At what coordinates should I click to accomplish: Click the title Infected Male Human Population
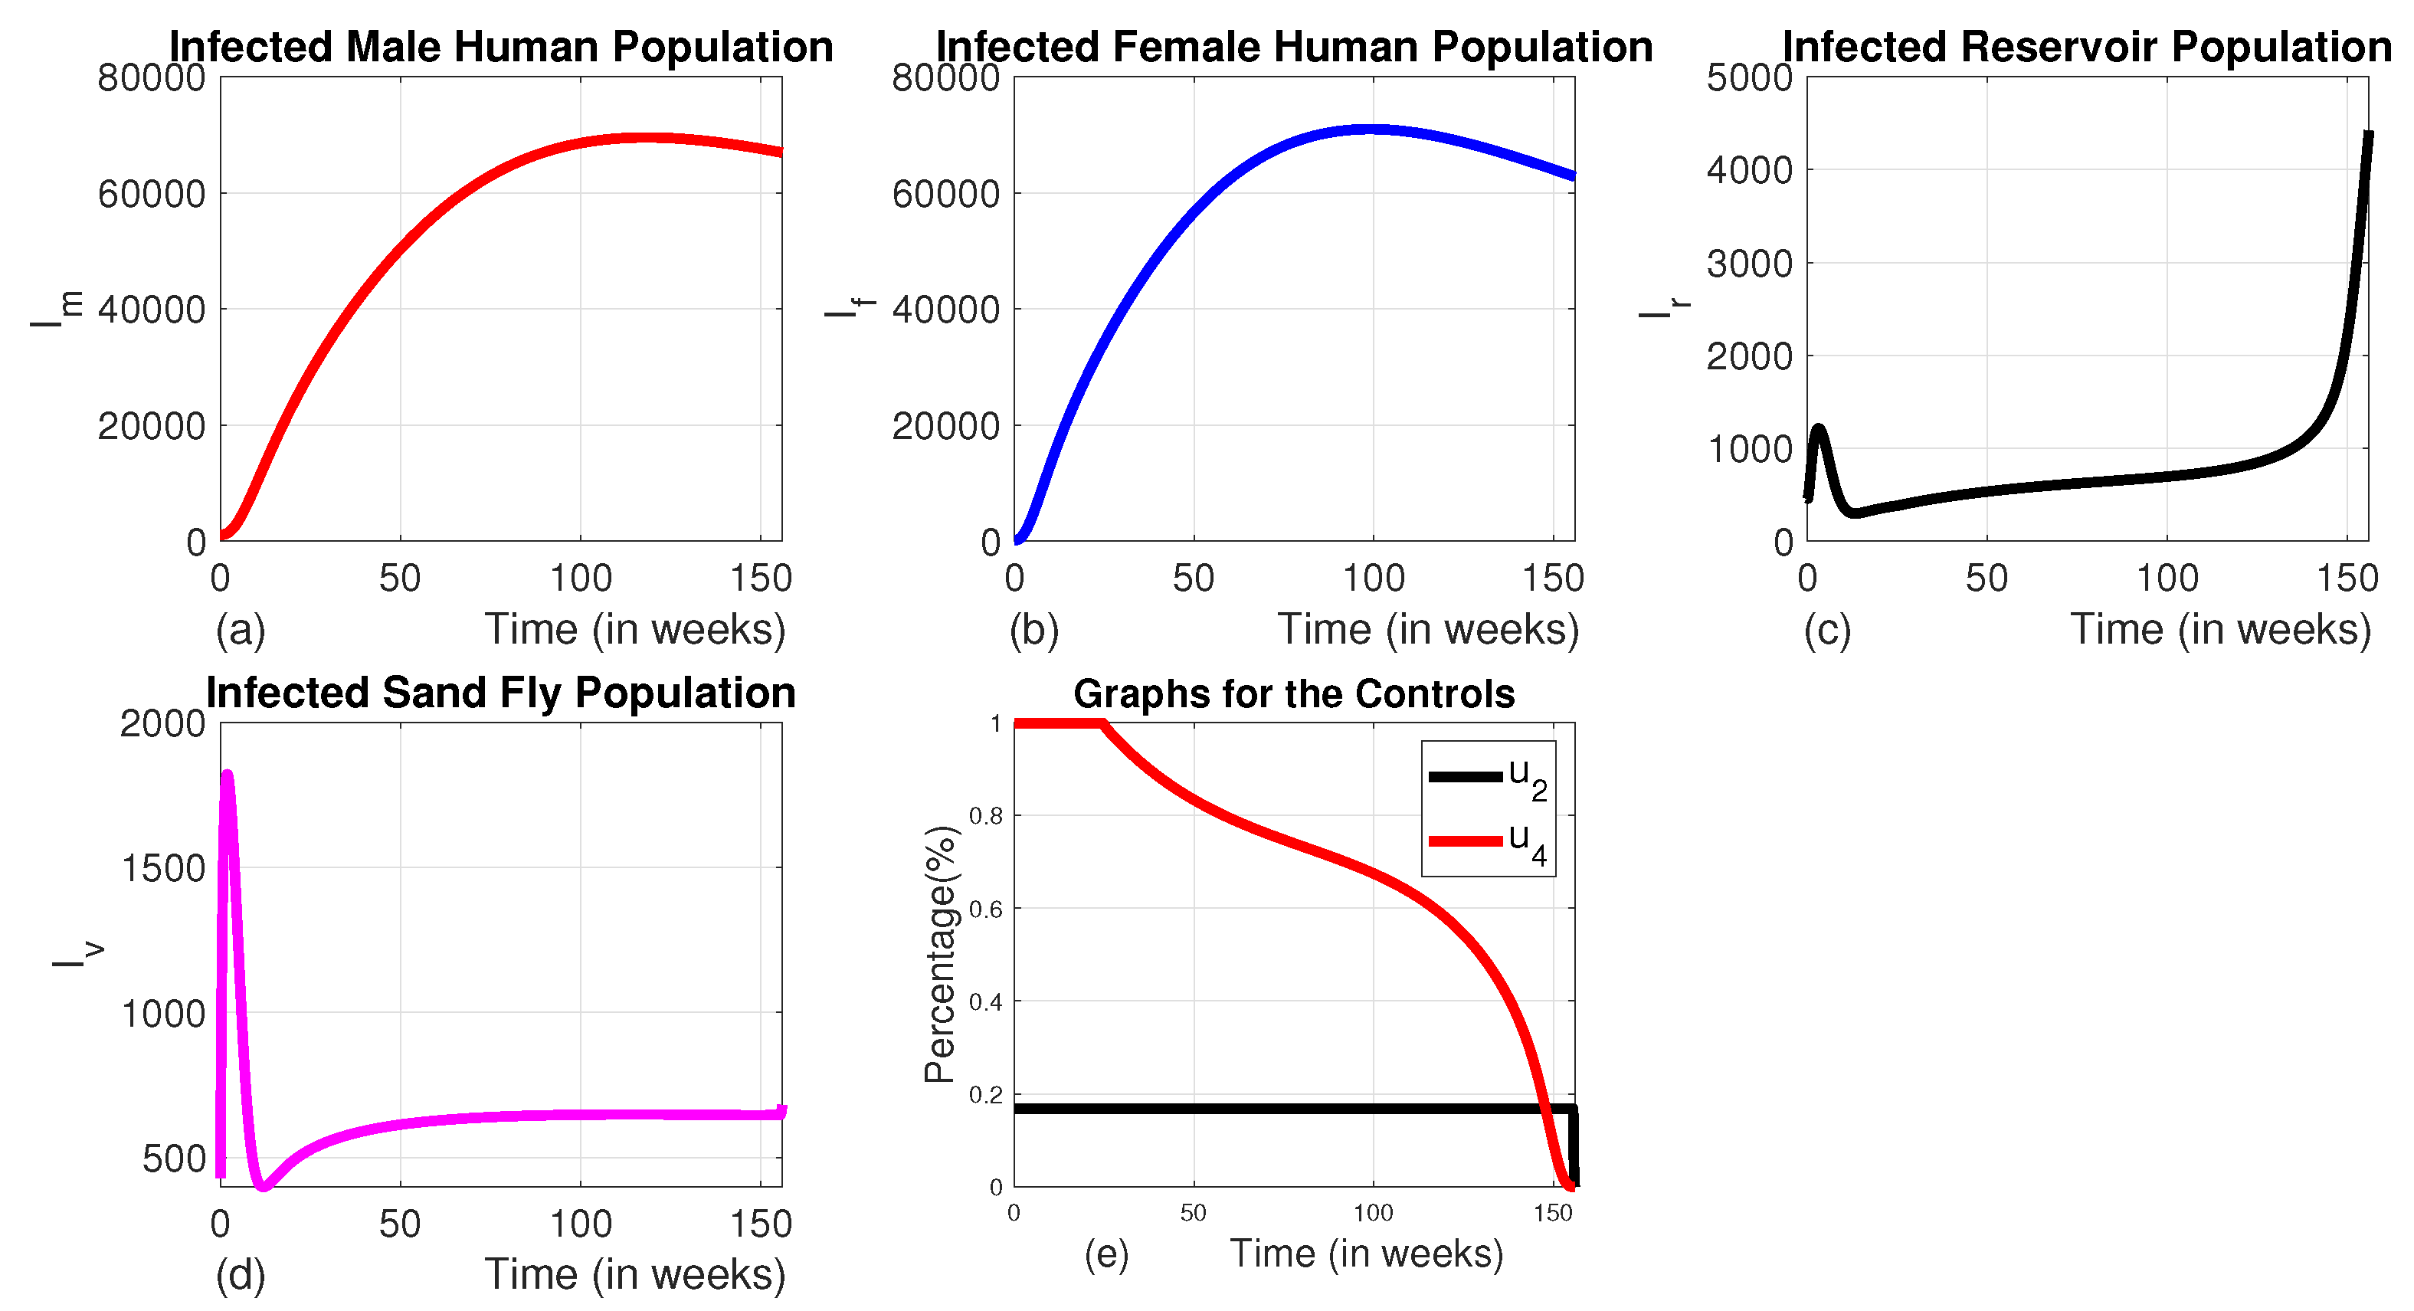(x=500, y=47)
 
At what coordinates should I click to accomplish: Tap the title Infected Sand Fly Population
(x=500, y=693)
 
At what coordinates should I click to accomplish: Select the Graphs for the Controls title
(x=1293, y=693)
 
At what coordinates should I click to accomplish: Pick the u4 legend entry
(x=1488, y=841)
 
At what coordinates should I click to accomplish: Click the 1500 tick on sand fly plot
(x=163, y=868)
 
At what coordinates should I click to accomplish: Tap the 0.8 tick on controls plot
(x=985, y=815)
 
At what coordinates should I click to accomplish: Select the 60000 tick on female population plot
(x=945, y=194)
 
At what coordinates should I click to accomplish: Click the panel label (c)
(x=1826, y=630)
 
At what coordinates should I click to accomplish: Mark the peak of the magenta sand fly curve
(x=227, y=774)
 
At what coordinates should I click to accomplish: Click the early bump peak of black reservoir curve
(x=1819, y=429)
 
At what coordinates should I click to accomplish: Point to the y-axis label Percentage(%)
(x=940, y=954)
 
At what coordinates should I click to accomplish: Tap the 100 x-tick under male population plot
(x=580, y=578)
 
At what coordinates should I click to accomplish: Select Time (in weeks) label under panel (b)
(x=1428, y=629)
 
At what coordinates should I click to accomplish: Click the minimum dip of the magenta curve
(x=264, y=1186)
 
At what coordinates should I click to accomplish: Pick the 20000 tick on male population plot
(x=151, y=425)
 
